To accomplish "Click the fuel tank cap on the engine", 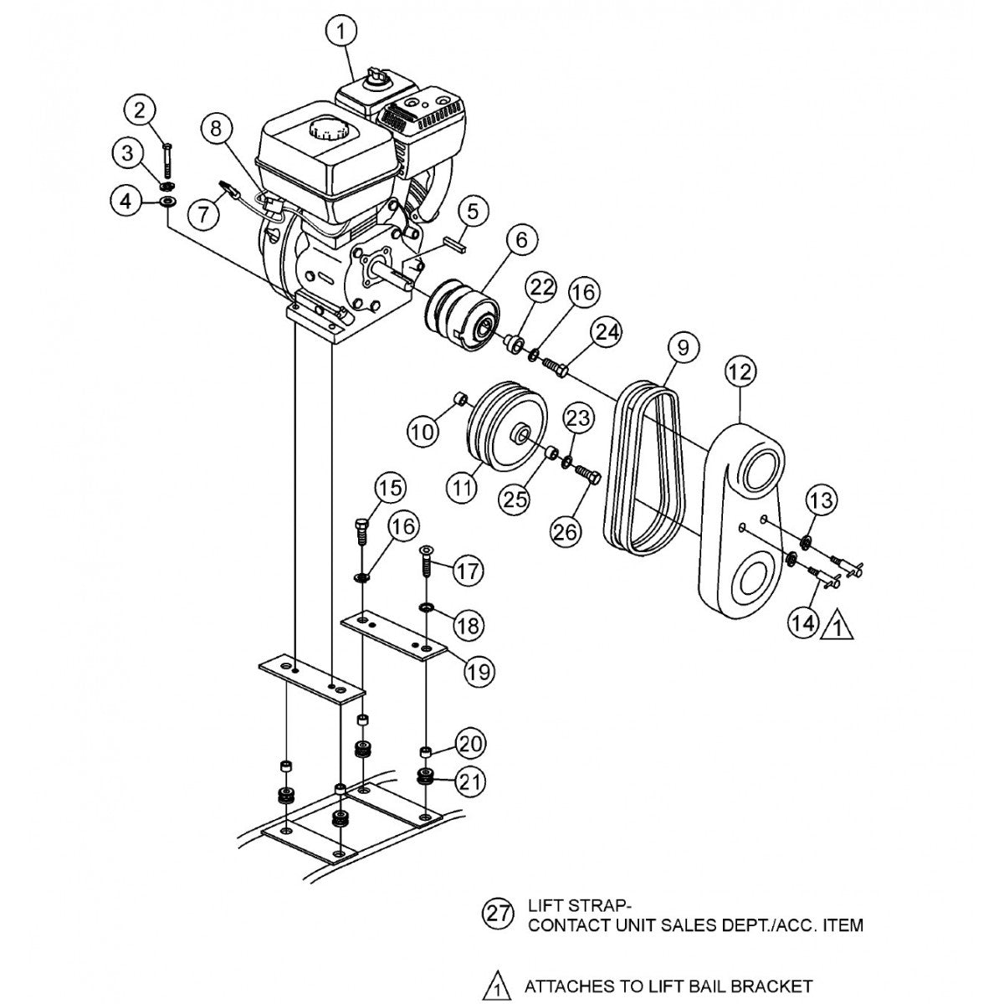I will click(x=325, y=131).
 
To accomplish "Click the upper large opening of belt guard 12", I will click(x=757, y=468).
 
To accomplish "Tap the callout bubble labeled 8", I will click(x=217, y=128).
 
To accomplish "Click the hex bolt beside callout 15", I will click(x=361, y=530).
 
